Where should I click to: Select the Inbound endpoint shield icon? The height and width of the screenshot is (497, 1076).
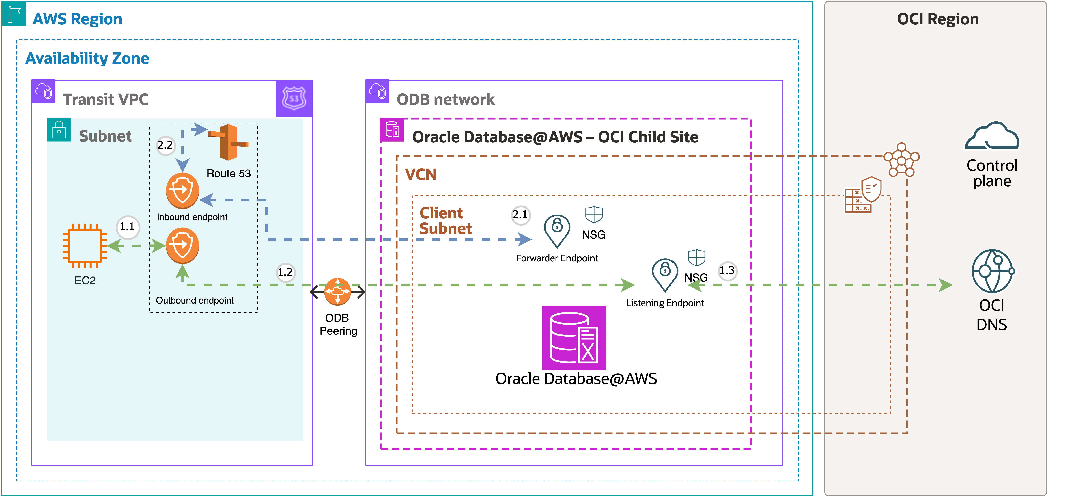click(182, 190)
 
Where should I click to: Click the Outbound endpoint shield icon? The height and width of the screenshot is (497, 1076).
click(182, 245)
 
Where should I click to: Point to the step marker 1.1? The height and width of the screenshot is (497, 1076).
click(127, 227)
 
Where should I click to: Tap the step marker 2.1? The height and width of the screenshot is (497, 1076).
click(520, 215)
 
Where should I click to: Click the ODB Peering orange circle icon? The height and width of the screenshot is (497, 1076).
click(337, 291)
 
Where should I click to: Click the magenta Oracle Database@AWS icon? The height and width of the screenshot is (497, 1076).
click(574, 337)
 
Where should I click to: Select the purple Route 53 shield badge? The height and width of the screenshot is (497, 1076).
click(294, 98)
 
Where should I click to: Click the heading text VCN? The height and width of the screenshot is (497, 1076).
click(421, 174)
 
